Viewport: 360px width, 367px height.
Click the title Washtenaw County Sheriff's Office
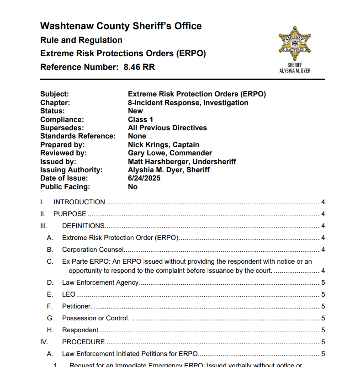click(x=121, y=26)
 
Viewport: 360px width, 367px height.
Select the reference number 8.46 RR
click(x=139, y=67)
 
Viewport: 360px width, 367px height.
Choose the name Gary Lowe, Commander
click(x=170, y=153)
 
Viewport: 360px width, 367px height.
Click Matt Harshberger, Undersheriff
click(x=182, y=161)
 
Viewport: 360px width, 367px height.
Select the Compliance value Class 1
click(x=141, y=120)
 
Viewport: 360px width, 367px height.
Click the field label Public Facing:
click(x=65, y=186)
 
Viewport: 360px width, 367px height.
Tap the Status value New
click(x=135, y=111)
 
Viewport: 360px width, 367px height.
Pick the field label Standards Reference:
click(x=78, y=136)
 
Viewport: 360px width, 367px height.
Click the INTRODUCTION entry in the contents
click(x=79, y=202)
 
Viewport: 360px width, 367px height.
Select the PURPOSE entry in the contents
click(x=69, y=214)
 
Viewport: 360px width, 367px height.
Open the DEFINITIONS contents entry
click(x=83, y=226)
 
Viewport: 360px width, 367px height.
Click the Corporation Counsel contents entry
click(x=93, y=250)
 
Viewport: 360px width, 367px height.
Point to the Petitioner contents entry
click(x=77, y=306)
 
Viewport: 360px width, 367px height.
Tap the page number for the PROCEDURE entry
click(x=323, y=342)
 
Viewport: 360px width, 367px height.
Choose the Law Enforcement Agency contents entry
click(x=100, y=282)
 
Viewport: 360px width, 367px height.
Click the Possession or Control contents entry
click(x=95, y=318)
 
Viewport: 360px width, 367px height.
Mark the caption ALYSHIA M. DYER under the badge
click(x=295, y=71)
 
